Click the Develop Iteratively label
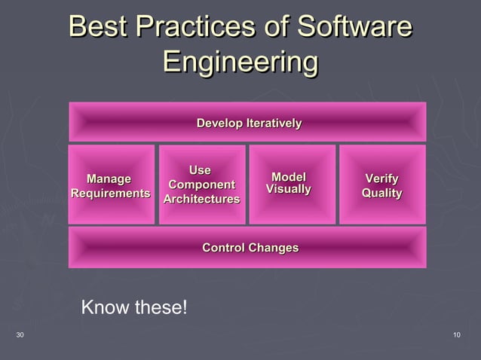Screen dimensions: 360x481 (249, 123)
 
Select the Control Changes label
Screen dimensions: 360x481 (250, 248)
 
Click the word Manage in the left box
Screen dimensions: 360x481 (109, 179)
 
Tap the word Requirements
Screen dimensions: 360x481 (110, 194)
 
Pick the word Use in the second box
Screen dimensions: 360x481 (200, 170)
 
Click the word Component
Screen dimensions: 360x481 (201, 185)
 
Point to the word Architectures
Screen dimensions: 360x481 (201, 200)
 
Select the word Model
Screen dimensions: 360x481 (289, 176)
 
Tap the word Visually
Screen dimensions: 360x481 (289, 189)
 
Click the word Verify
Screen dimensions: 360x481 (381, 179)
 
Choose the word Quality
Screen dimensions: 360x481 (381, 194)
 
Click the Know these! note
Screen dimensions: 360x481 (133, 308)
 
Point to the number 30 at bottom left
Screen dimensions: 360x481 (20, 334)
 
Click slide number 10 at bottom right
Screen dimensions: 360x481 (457, 334)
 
